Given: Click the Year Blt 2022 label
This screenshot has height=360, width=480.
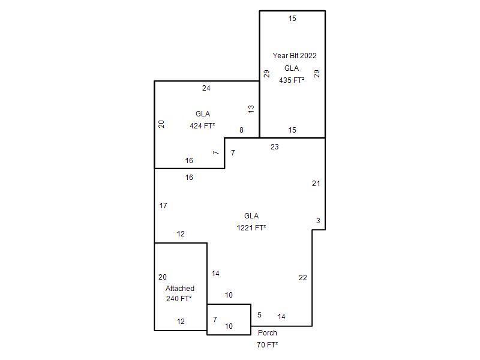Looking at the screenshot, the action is [x=295, y=56].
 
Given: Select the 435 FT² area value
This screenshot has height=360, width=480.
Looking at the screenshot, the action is [x=292, y=80].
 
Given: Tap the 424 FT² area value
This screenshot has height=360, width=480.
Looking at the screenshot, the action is [x=202, y=126].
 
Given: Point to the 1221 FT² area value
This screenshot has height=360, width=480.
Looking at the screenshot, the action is [x=251, y=228].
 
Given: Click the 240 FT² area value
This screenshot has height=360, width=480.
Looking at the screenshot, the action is [x=179, y=298].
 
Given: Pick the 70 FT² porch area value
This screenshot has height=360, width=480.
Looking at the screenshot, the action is [x=267, y=344].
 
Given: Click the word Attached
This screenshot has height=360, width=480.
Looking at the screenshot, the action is [x=180, y=289].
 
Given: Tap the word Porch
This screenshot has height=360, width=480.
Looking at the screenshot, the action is [x=267, y=333].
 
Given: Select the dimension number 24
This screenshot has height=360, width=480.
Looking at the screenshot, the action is [x=206, y=88].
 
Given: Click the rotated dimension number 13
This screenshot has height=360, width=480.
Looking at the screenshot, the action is [x=251, y=109].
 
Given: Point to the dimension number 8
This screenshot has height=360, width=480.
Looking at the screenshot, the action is [x=241, y=130].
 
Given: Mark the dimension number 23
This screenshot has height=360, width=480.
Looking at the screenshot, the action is [x=275, y=147].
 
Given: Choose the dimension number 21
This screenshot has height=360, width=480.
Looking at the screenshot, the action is [x=316, y=184].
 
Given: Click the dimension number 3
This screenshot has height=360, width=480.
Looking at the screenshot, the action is [x=318, y=220].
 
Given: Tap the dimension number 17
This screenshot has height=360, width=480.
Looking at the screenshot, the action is [x=163, y=206].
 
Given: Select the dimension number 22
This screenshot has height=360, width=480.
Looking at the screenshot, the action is [x=303, y=278].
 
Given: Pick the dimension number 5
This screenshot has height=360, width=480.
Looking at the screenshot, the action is [x=259, y=315].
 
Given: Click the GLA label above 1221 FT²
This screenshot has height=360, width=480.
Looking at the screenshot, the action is [x=251, y=216].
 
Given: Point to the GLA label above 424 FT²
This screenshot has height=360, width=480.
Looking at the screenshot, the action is [x=203, y=114].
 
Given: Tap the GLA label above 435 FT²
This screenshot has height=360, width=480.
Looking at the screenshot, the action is [x=292, y=68].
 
